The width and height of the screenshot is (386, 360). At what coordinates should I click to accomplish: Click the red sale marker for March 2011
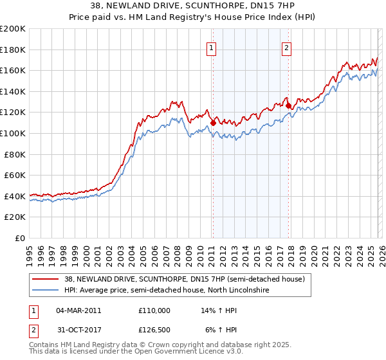(x=213, y=122)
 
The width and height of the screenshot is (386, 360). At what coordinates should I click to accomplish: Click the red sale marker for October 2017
(x=289, y=105)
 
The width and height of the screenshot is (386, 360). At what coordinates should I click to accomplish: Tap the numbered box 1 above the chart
(x=212, y=46)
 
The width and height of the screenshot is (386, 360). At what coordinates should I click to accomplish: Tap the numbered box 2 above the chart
(x=286, y=46)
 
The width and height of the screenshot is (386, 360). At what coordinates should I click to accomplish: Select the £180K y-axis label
(x=13, y=50)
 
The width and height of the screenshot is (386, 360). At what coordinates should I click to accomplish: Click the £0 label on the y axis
(x=19, y=238)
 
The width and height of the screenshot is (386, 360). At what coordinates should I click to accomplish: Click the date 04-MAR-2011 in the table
(x=79, y=310)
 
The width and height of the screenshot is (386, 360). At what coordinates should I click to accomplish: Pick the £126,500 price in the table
(x=154, y=331)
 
